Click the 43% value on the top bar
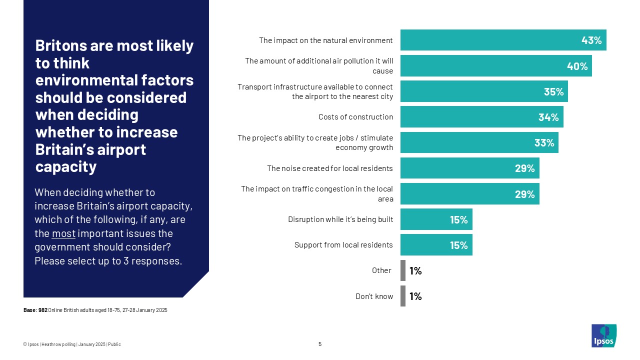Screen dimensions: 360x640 tap(591, 40)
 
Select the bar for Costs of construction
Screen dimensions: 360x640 tap(481, 117)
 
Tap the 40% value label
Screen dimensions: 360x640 tap(577, 66)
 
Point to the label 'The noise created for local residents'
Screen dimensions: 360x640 tap(329, 168)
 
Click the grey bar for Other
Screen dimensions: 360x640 tap(403, 270)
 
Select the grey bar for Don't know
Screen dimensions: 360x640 tap(403, 296)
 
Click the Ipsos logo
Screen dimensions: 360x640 tap(603, 335)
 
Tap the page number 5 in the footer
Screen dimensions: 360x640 tap(320, 344)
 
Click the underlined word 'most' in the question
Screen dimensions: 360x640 tap(63, 233)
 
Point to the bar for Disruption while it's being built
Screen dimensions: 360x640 tap(436, 219)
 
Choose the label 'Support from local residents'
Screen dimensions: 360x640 tap(343, 245)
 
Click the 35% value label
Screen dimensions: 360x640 tap(553, 91)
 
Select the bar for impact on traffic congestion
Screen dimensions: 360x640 tap(469, 194)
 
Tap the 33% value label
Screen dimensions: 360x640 tap(544, 143)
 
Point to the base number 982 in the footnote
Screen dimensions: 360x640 tap(43, 310)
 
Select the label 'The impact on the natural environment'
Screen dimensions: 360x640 tap(325, 40)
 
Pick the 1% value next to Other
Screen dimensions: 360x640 tap(415, 271)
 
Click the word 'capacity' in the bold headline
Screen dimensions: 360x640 tap(65, 166)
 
